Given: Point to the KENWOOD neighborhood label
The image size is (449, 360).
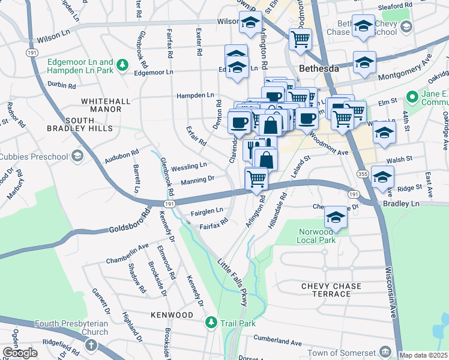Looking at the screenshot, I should click(172, 315).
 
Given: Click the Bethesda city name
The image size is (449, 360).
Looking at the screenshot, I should click(320, 69).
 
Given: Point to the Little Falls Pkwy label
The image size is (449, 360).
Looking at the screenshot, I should click(232, 282).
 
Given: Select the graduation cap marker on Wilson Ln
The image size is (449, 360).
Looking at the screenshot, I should click(250, 24).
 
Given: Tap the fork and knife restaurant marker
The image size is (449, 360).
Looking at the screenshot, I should click(253, 148).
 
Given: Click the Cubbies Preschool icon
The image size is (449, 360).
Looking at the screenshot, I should click(77, 157).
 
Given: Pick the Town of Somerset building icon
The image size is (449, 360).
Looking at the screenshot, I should click(385, 352).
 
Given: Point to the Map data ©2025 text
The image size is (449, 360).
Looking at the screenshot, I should click(423, 355).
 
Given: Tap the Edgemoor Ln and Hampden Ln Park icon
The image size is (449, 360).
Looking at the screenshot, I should click(122, 64).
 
